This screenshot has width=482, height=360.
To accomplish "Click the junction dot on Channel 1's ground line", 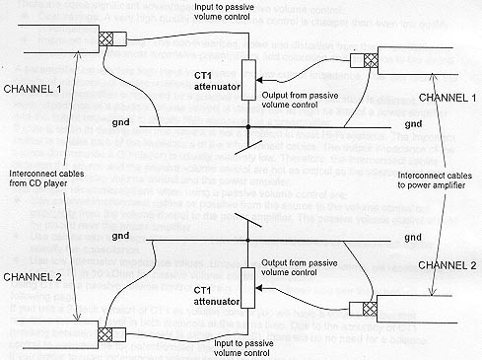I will [x=248, y=128].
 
